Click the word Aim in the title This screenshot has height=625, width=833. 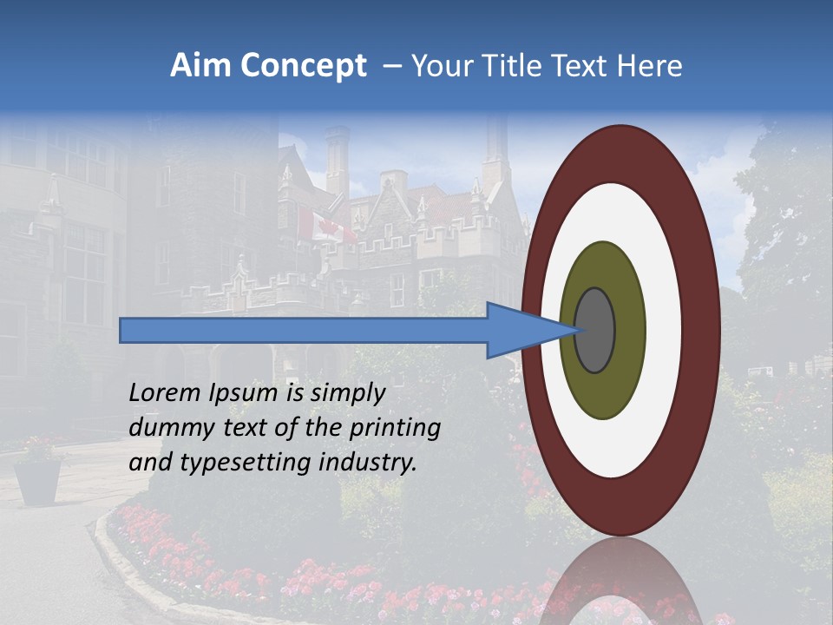click(x=200, y=66)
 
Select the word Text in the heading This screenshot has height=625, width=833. click(x=586, y=66)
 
